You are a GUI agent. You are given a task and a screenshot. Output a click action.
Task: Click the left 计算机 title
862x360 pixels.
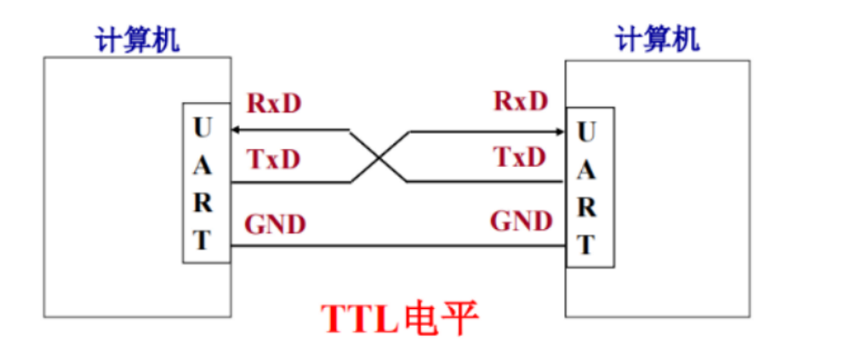tap(138, 39)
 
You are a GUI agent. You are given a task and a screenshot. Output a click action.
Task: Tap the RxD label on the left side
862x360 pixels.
tap(274, 103)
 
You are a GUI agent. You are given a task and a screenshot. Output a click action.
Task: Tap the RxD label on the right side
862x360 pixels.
tap(521, 101)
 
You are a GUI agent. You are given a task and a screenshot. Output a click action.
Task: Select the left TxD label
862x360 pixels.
tap(274, 158)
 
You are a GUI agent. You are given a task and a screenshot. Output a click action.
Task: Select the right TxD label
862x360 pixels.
tap(520, 157)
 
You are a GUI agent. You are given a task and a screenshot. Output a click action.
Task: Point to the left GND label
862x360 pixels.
tap(275, 225)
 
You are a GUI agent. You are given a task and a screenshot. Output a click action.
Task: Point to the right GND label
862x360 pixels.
tap(521, 222)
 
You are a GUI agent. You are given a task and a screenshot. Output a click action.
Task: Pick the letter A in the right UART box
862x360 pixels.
tap(585, 171)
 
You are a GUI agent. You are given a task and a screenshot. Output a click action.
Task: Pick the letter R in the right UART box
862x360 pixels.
tap(585, 208)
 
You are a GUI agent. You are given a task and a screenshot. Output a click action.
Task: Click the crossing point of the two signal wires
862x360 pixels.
tap(379, 157)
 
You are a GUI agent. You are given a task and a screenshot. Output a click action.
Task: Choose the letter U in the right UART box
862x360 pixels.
tap(585, 133)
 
